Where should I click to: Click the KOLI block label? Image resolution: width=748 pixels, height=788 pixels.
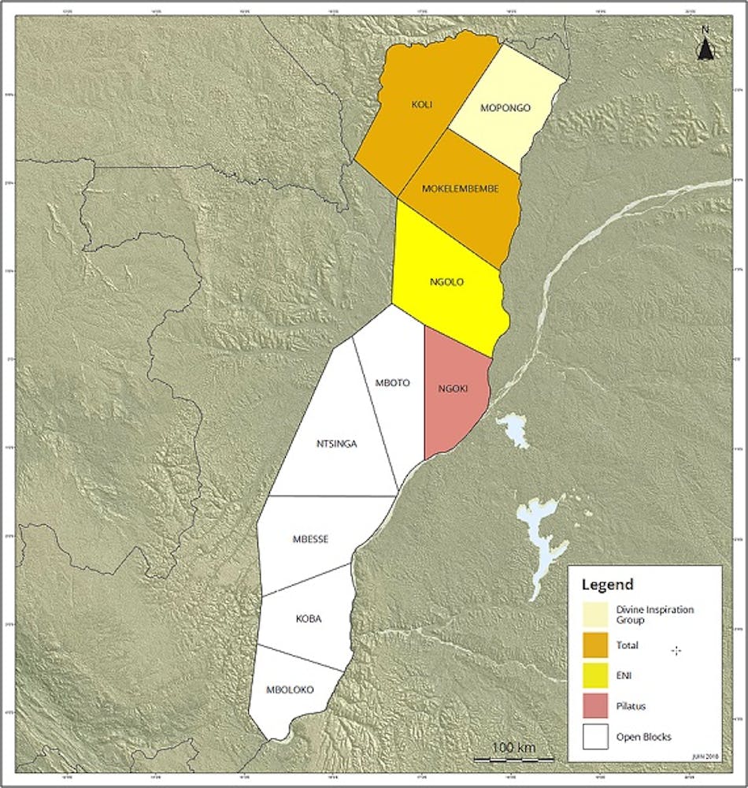pyautogui.click(x=422, y=103)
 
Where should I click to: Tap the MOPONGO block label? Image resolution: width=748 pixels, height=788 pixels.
pyautogui.click(x=505, y=108)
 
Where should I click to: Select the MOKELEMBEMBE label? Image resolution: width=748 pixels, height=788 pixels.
pyautogui.click(x=460, y=188)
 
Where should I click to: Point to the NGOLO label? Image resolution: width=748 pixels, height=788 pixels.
pyautogui.click(x=446, y=281)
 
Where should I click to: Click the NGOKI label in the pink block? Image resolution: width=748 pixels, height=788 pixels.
pyautogui.click(x=454, y=388)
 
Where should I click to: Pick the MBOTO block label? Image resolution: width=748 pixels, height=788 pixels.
pyautogui.click(x=392, y=383)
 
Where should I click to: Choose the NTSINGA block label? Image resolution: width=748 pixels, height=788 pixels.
pyautogui.click(x=336, y=444)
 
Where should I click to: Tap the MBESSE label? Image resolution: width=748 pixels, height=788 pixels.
pyautogui.click(x=310, y=539)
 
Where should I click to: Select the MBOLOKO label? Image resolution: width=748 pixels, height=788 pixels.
pyautogui.click(x=291, y=689)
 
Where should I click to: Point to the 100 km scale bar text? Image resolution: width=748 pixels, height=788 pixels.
pyautogui.click(x=513, y=746)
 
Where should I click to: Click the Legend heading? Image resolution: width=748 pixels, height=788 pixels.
pyautogui.click(x=606, y=585)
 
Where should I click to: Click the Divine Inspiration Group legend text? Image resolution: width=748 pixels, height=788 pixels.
pyautogui.click(x=650, y=615)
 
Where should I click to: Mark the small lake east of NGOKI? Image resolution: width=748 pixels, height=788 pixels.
pyautogui.click(x=513, y=429)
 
